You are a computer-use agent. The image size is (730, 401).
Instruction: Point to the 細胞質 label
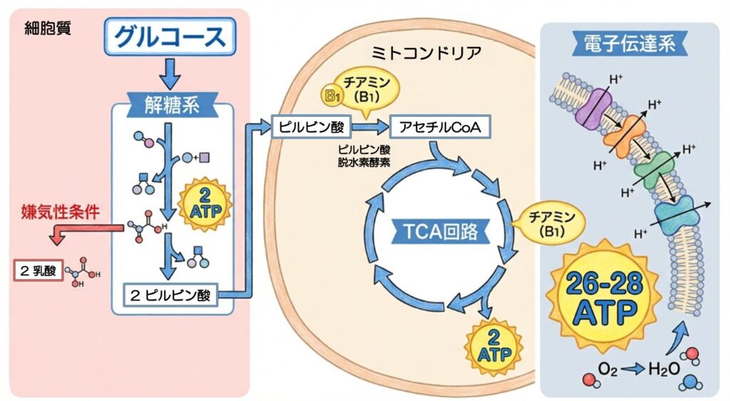48,29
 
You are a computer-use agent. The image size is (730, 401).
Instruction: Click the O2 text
608,369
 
